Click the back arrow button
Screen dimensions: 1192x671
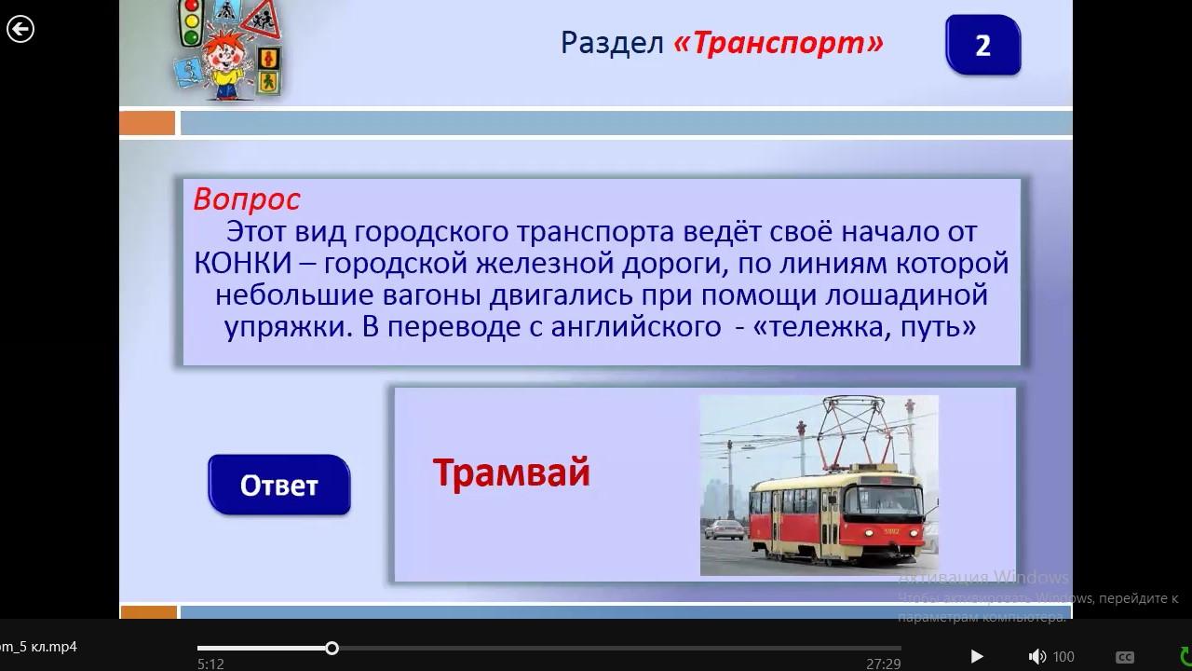(x=20, y=29)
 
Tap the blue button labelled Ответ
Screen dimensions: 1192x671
(x=278, y=485)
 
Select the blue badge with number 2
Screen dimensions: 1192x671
(x=982, y=45)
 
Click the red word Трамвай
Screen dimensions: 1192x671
(x=511, y=472)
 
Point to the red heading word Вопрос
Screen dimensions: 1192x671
(x=247, y=199)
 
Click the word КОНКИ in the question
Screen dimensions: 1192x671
(x=243, y=263)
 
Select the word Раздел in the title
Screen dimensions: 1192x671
(x=613, y=43)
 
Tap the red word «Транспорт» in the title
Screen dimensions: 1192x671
(x=779, y=43)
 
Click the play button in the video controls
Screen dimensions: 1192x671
(x=977, y=656)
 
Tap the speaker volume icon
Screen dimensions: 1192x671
(x=1036, y=657)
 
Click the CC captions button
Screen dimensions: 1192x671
(x=1124, y=657)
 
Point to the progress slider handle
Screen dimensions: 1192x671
(x=332, y=648)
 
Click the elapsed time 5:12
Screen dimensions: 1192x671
(x=210, y=664)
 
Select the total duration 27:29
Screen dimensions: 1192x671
(x=884, y=664)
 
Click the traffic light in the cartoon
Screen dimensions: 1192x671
(x=190, y=22)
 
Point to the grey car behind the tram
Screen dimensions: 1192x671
(x=724, y=529)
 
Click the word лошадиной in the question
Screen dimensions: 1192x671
(x=906, y=295)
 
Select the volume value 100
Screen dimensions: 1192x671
(x=1063, y=657)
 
